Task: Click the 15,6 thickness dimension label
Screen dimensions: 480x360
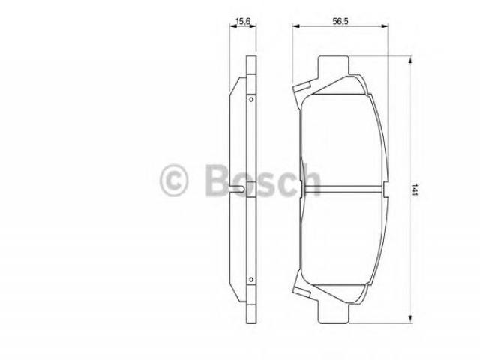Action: click(243, 21)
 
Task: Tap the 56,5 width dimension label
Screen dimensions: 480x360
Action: click(340, 21)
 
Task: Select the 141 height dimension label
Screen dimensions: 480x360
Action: click(415, 190)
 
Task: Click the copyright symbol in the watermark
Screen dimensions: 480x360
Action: click(173, 180)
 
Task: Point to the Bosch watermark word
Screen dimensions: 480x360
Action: click(263, 180)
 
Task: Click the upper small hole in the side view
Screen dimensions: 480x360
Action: click(251, 100)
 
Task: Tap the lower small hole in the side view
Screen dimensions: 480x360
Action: click(251, 280)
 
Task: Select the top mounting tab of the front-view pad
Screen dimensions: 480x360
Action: click(333, 66)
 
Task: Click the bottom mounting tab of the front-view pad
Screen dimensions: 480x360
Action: click(333, 312)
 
